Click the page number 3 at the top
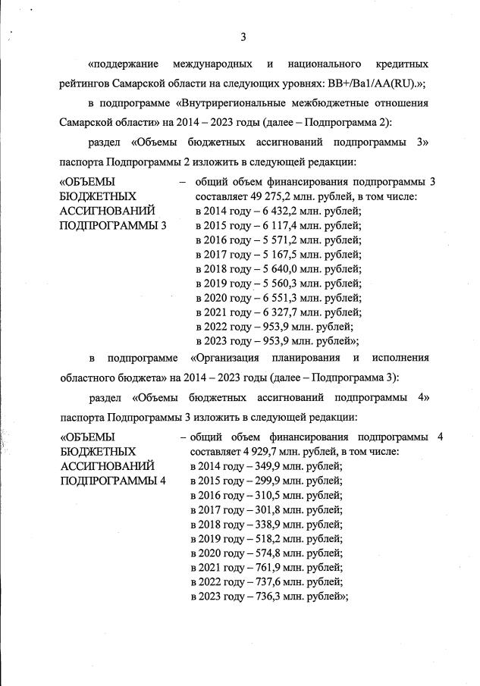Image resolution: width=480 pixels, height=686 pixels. tap(243, 36)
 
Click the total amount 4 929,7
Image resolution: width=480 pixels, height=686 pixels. tap(256, 452)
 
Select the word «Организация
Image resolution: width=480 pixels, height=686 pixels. tap(225, 357)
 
